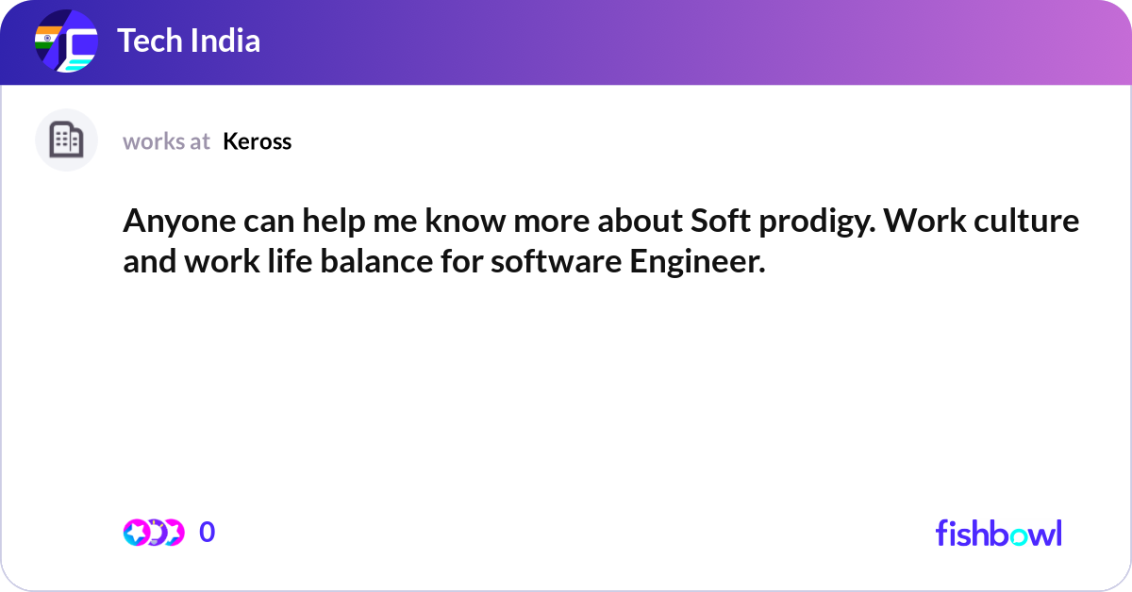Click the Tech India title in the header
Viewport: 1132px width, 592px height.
[x=189, y=41]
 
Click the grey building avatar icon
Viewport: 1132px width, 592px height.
[x=66, y=140]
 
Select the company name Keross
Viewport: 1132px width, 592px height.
[x=257, y=141]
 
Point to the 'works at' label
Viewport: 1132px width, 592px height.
[x=166, y=141]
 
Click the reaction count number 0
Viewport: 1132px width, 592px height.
[x=207, y=533]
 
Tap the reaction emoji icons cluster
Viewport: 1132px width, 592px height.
[x=153, y=533]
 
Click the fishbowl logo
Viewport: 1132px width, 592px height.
[x=998, y=533]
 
